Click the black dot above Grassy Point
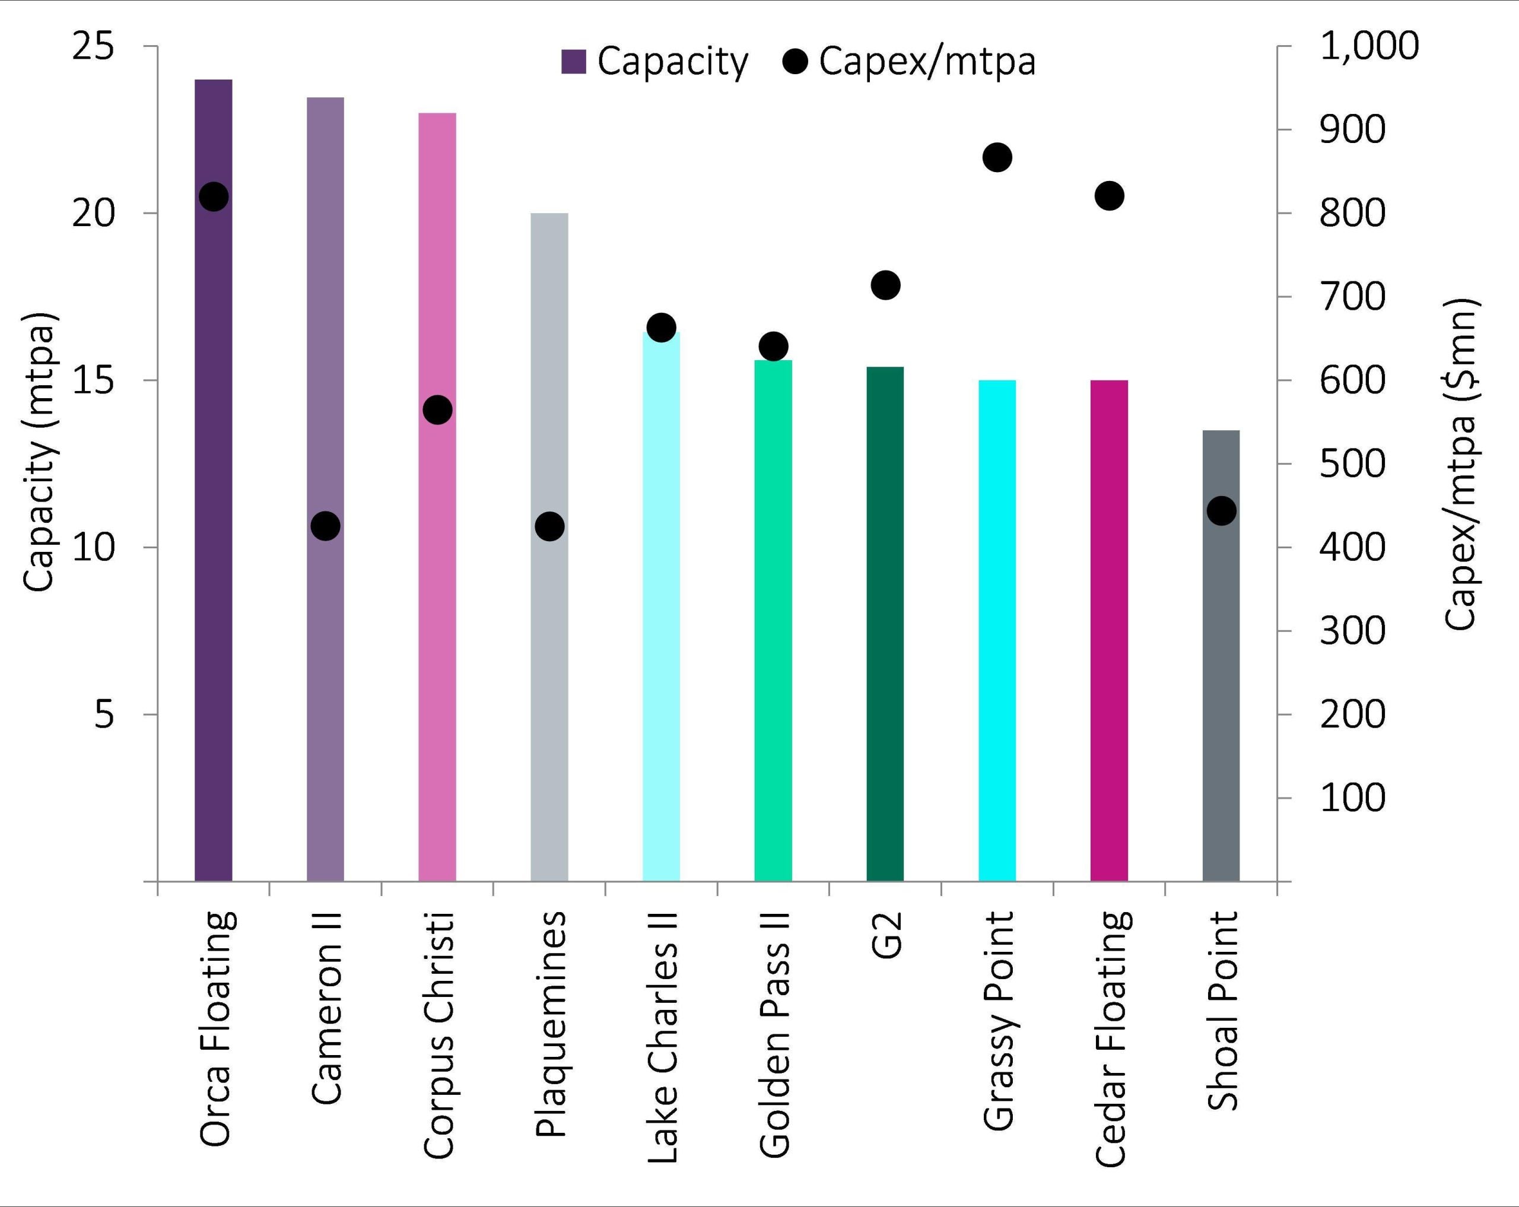(x=997, y=157)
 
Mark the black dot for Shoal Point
(x=1222, y=511)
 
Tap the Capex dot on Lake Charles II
(x=662, y=328)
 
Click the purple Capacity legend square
(x=574, y=62)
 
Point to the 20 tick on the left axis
(x=93, y=213)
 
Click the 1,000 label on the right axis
(x=1369, y=46)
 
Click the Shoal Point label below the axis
(x=1222, y=1011)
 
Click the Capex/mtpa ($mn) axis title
(x=1460, y=463)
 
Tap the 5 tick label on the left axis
(x=104, y=714)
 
